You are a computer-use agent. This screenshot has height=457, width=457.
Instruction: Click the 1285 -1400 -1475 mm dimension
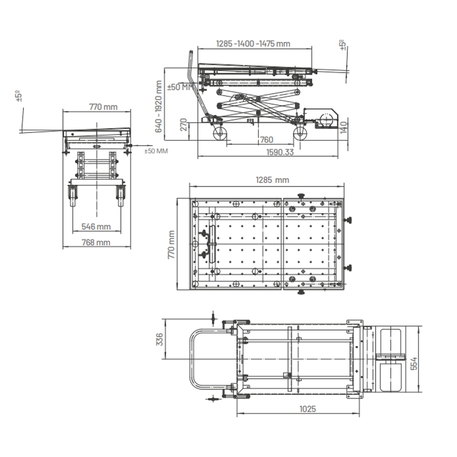pos(253,44)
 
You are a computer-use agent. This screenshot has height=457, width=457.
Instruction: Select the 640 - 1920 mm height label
pos(158,107)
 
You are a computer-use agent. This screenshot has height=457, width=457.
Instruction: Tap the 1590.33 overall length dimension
pos(280,152)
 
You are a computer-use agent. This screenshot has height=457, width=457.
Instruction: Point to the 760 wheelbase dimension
pos(266,139)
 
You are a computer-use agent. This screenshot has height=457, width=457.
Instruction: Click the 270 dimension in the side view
pos(183,125)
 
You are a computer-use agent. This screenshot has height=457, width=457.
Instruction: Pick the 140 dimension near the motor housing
pos(344,127)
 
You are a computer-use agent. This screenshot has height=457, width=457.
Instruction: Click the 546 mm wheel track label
pos(96,226)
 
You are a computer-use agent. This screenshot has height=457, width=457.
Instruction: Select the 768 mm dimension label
pos(96,242)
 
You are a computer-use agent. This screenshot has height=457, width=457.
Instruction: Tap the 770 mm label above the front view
pos(103,107)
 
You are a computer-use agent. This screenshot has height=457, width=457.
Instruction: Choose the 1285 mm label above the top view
pos(272,180)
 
